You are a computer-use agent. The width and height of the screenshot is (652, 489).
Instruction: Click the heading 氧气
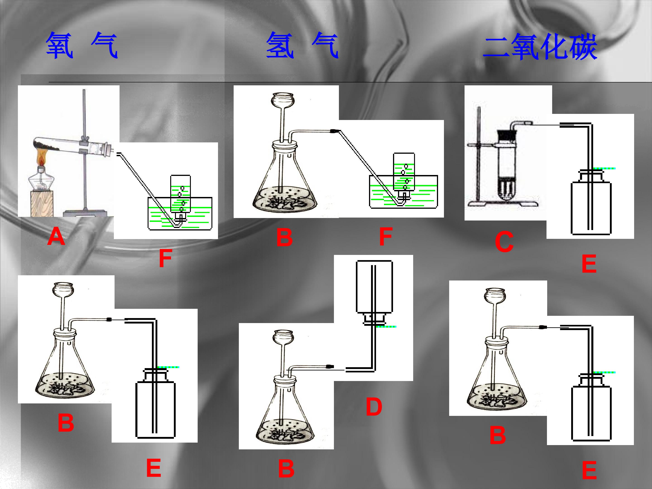click(82, 46)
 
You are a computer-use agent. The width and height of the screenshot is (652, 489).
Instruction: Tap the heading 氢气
click(302, 46)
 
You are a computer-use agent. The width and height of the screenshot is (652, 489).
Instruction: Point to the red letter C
click(504, 242)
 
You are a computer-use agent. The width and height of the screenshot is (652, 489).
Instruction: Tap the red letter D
click(374, 407)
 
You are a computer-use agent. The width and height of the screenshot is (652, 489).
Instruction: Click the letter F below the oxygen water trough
click(165, 258)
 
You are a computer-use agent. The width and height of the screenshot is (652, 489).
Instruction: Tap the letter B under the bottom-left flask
click(66, 422)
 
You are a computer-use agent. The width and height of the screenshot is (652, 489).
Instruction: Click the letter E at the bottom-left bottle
click(153, 468)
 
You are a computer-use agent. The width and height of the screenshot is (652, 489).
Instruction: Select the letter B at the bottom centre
click(286, 468)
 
